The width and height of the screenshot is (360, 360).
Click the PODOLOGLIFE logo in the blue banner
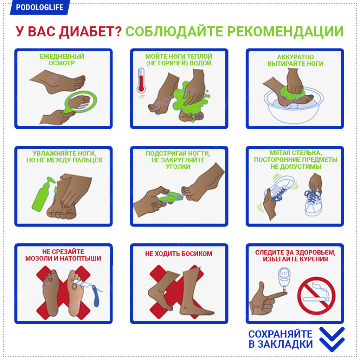pos(39,7)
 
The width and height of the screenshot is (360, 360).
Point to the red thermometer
pos(141,80)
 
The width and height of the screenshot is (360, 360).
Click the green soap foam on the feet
pos(191,99)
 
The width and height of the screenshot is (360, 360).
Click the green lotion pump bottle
pos(43,194)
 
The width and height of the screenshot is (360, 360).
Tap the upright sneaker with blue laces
pos(313,202)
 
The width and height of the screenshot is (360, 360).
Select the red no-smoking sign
pos(316,296)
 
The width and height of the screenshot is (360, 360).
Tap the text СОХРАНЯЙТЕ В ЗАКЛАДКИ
pos(281,339)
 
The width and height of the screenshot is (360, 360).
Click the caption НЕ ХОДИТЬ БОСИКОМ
pos(179,254)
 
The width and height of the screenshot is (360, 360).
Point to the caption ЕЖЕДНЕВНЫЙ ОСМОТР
pos(62,59)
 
